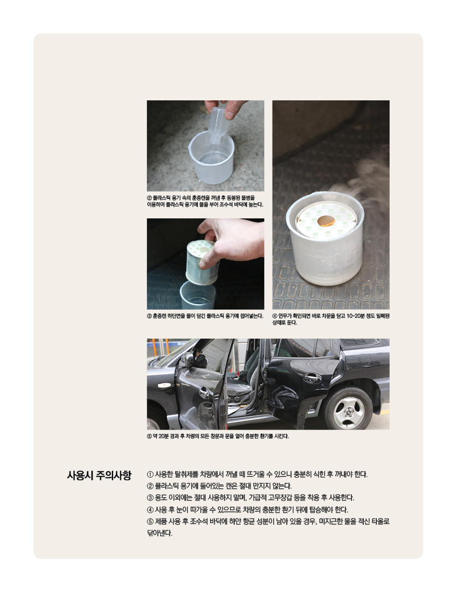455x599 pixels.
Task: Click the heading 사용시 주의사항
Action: pos(99,475)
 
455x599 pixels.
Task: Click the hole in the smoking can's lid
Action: pos(326,220)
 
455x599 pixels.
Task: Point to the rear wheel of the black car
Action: pos(349,409)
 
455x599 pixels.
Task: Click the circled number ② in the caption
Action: pos(150,198)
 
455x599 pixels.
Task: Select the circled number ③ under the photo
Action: pos(150,316)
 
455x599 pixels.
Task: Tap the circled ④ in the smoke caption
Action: pos(275,316)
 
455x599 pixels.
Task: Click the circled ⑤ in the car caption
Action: pos(150,436)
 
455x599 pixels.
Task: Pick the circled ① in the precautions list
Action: pos(150,474)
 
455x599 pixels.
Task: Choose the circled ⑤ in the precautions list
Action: pos(150,521)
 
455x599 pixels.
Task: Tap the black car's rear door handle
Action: pos(313,377)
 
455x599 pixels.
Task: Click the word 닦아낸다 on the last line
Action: pos(160,533)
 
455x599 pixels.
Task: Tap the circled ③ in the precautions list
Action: pos(150,498)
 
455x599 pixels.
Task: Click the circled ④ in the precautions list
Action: pos(150,510)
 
